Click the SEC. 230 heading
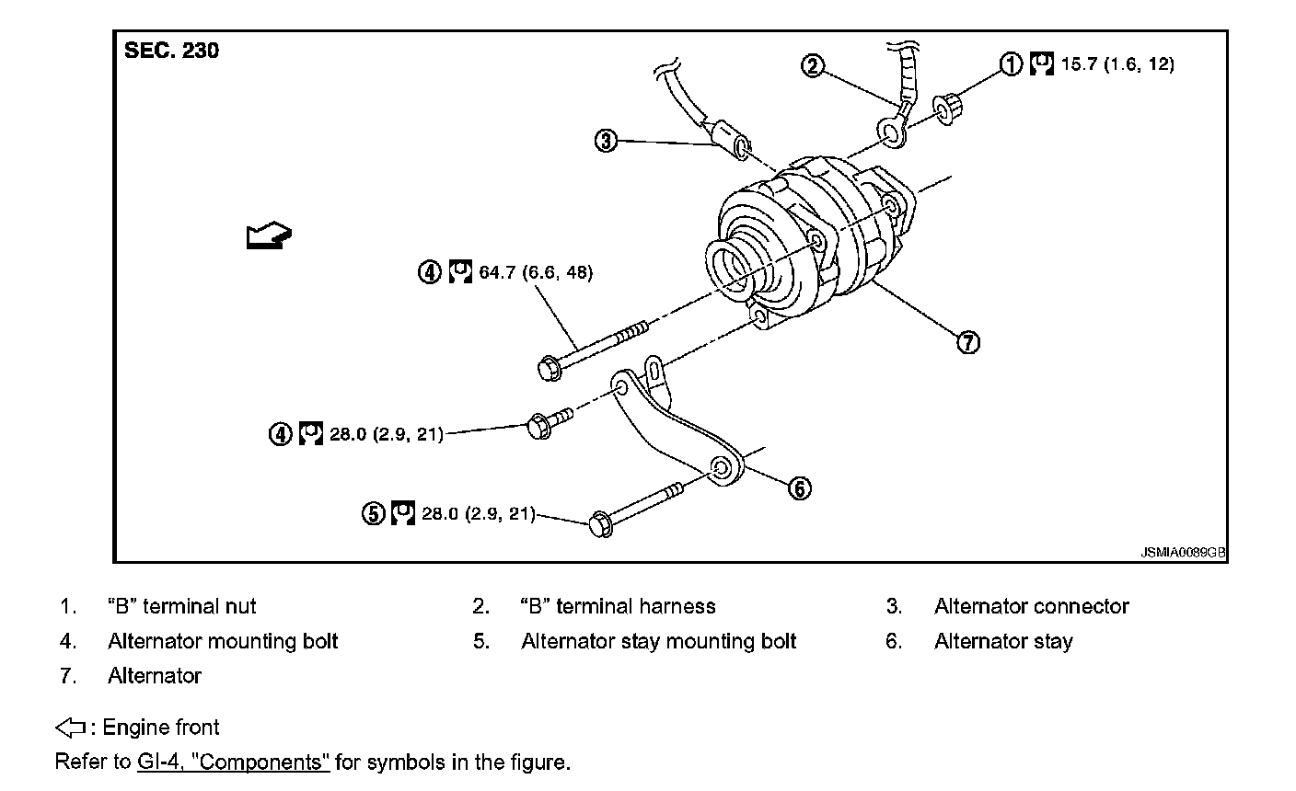171,51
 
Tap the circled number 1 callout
1012,63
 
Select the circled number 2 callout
812,65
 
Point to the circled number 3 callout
606,141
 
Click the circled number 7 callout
967,342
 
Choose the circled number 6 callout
800,487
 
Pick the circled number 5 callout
373,513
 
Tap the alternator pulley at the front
732,267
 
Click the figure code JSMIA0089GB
1183,552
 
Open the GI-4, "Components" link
233,762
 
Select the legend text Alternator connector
1031,606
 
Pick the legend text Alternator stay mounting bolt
658,641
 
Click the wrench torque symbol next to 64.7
460,272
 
